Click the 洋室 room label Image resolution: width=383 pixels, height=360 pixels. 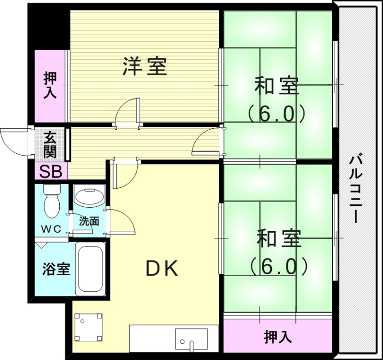pyautogui.click(x=145, y=67)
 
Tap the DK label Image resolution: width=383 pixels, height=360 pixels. pyautogui.click(x=162, y=269)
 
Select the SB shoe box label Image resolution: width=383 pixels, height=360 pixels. pyautogui.click(x=50, y=171)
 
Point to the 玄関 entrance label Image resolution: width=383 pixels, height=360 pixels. pyautogui.click(x=50, y=145)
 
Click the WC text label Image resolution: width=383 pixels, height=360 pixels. pyautogui.click(x=50, y=228)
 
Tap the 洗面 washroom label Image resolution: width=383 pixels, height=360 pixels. pyautogui.click(x=89, y=221)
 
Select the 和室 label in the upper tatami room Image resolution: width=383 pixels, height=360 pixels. pyautogui.click(x=276, y=87)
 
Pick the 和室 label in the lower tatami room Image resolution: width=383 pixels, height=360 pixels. pyautogui.click(x=278, y=239)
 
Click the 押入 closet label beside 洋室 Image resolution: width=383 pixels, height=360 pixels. pyautogui.click(x=50, y=85)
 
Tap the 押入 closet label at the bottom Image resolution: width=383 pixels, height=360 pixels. pyautogui.click(x=278, y=337)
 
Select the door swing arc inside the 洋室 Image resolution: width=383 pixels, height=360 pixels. pyautogui.click(x=128, y=111)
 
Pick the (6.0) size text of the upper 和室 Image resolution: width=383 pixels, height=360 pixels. pyautogui.click(x=276, y=113)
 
